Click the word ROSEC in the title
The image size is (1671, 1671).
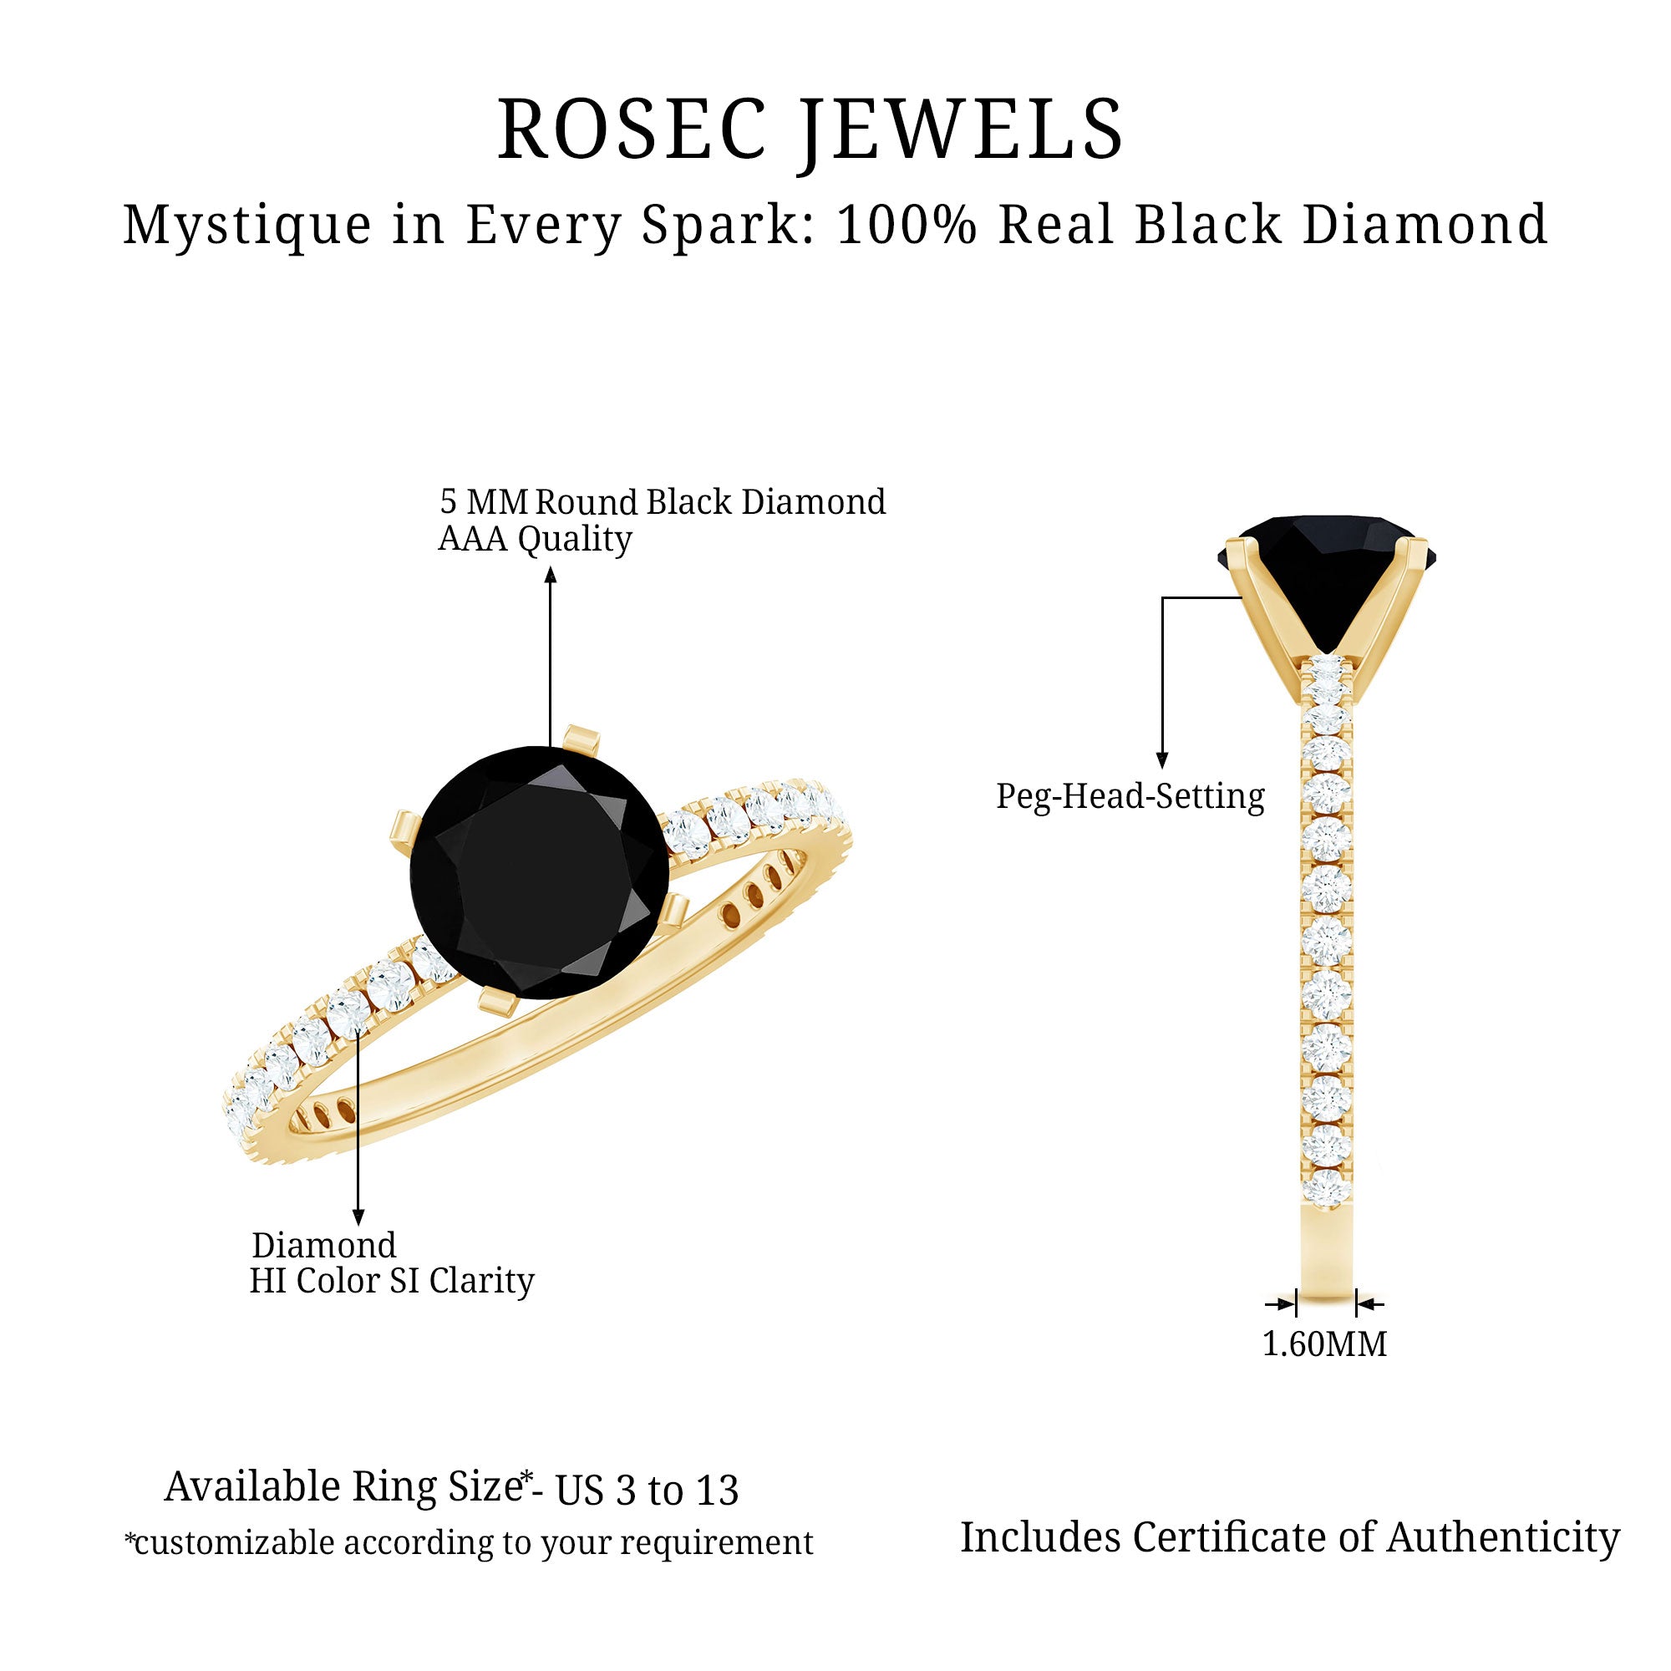(x=633, y=130)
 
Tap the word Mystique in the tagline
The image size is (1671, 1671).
(x=247, y=226)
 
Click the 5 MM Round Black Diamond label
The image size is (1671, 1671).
(x=663, y=502)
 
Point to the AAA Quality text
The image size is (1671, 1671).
(x=536, y=540)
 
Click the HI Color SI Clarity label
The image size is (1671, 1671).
(x=392, y=1280)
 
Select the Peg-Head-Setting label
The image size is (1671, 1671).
(x=1130, y=795)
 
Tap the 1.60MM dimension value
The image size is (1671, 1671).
(x=1325, y=1343)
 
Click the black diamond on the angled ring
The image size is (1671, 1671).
(x=540, y=871)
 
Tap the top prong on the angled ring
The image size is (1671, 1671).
(x=581, y=738)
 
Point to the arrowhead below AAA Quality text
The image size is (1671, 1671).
(x=550, y=574)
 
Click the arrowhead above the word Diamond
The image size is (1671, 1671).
(x=358, y=1218)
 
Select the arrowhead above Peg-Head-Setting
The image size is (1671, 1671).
(x=1162, y=760)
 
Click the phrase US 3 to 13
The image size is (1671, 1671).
(x=647, y=1491)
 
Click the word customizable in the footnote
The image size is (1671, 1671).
(x=234, y=1542)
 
